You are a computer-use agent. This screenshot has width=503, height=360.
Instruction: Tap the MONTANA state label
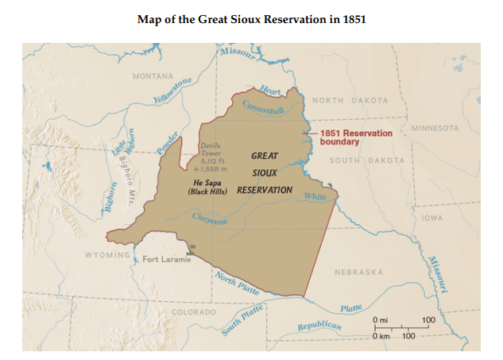153,76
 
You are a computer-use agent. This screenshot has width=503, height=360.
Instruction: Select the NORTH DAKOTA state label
350,101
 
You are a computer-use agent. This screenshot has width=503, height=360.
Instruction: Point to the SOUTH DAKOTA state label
366,160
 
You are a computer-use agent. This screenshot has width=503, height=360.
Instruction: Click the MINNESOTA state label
435,128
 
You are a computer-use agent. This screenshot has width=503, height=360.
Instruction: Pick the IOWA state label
433,217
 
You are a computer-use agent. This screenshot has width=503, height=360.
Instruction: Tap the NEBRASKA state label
359,272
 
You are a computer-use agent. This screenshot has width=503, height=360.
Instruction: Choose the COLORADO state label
194,312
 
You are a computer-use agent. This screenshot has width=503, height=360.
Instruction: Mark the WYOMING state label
107,255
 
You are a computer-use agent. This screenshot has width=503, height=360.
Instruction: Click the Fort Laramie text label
166,260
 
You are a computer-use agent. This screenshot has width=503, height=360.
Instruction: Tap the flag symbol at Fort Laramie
191,250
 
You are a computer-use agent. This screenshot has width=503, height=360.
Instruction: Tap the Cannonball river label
262,109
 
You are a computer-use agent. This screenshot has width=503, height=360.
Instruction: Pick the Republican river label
319,327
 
